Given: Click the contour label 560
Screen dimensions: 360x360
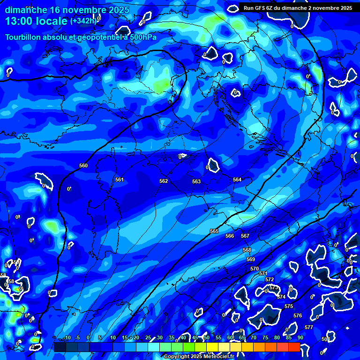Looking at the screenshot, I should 83,165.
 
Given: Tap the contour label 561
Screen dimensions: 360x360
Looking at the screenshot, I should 120,180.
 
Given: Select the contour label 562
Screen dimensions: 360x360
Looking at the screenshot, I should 164,181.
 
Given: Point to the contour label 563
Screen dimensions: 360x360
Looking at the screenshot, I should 196,181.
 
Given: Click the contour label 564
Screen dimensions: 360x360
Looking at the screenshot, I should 237,180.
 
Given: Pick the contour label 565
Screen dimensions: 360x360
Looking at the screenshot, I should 214,231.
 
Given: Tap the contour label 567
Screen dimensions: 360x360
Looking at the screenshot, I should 245,236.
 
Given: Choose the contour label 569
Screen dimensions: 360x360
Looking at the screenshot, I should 251,259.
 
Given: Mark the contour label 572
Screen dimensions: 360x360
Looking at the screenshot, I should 270,279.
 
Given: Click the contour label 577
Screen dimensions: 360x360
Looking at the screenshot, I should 309,327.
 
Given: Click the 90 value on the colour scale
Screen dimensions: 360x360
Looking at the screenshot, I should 300,337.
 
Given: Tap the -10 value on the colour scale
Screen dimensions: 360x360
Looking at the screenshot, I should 67,337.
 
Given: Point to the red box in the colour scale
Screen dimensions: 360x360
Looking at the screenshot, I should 294,347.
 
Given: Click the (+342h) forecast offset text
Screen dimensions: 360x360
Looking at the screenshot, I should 83,21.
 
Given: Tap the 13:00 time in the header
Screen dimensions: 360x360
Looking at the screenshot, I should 21,21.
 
